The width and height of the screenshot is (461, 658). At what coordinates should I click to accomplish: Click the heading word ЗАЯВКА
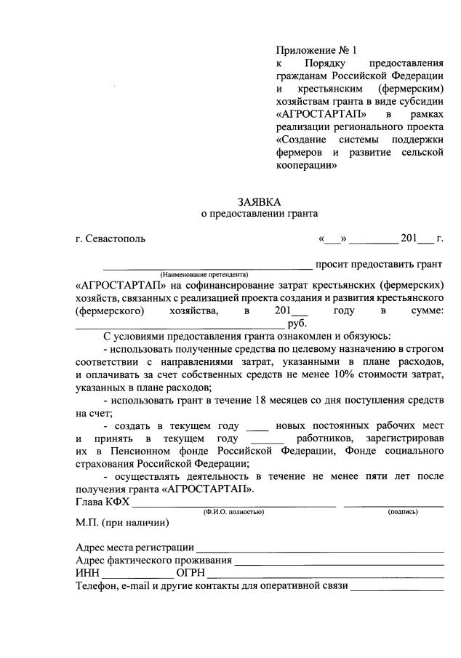point(260,201)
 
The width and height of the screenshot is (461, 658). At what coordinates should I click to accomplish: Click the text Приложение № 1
point(316,51)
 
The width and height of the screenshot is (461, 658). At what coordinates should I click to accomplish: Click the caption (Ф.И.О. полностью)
point(233,511)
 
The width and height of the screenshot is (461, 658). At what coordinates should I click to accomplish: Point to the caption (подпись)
point(403,511)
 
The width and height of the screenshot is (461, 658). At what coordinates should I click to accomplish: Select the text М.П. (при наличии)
point(122,522)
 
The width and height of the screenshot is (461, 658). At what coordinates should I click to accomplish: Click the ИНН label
point(87,574)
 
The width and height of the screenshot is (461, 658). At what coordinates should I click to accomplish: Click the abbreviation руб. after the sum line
point(297,324)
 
